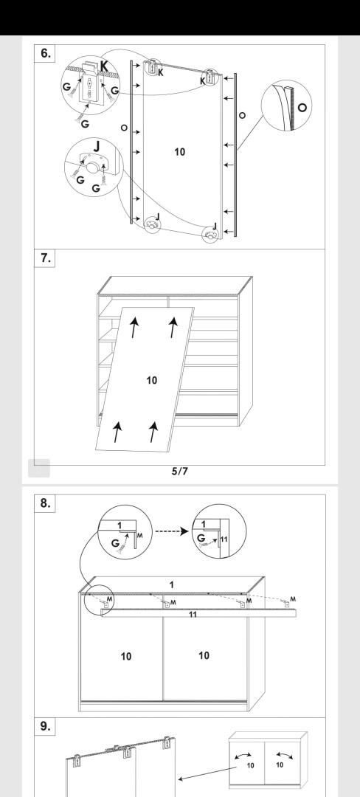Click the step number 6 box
click(x=45, y=54)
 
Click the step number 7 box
click(x=45, y=258)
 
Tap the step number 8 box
click(x=45, y=503)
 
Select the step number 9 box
click(x=45, y=727)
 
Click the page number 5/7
click(x=180, y=471)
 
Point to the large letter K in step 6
click(x=104, y=66)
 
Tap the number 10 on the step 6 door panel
click(x=180, y=151)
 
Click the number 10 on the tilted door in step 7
click(x=151, y=380)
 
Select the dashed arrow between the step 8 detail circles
click(x=172, y=531)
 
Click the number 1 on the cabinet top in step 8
click(x=172, y=584)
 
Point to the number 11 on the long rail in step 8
click(x=193, y=615)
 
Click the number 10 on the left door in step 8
click(x=126, y=656)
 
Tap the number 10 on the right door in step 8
click(x=204, y=656)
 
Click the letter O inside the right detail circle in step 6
click(x=302, y=107)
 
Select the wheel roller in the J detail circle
click(x=91, y=168)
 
